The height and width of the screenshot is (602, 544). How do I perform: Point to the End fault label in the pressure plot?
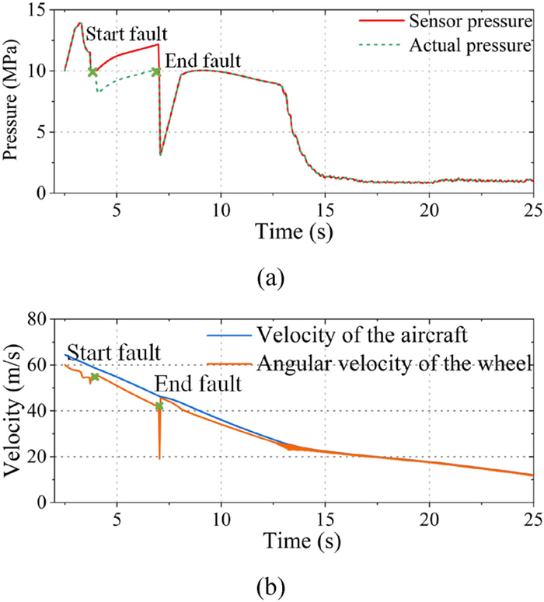click(x=203, y=61)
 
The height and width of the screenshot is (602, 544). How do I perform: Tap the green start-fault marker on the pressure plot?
click(x=92, y=71)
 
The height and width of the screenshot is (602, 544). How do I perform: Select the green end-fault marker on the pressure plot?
click(x=156, y=71)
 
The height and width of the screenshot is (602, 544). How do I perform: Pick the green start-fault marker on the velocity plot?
click(x=95, y=377)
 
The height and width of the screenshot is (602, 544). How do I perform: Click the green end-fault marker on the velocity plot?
click(x=159, y=406)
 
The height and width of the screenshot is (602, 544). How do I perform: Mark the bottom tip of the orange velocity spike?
click(x=159, y=458)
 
